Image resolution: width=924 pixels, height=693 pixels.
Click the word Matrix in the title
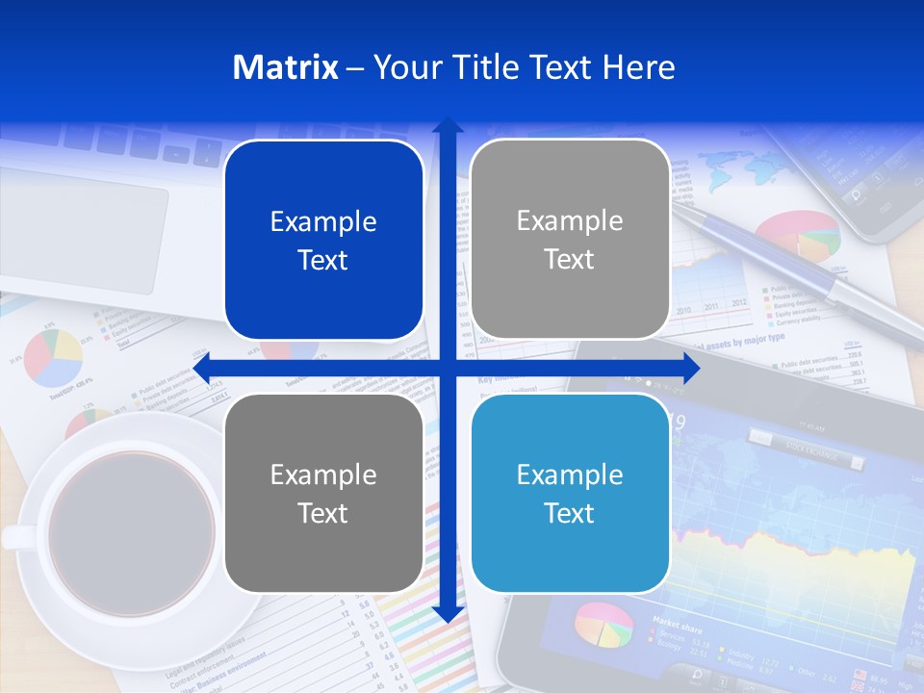click(x=286, y=67)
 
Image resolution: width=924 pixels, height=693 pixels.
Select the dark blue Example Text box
click(x=323, y=241)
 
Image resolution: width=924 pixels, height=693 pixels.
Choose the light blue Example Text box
click(x=570, y=493)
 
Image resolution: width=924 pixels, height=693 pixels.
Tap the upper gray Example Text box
click(x=570, y=239)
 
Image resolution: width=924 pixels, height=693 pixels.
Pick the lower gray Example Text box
click(x=323, y=493)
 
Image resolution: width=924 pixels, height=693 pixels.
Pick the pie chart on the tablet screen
click(x=603, y=625)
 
